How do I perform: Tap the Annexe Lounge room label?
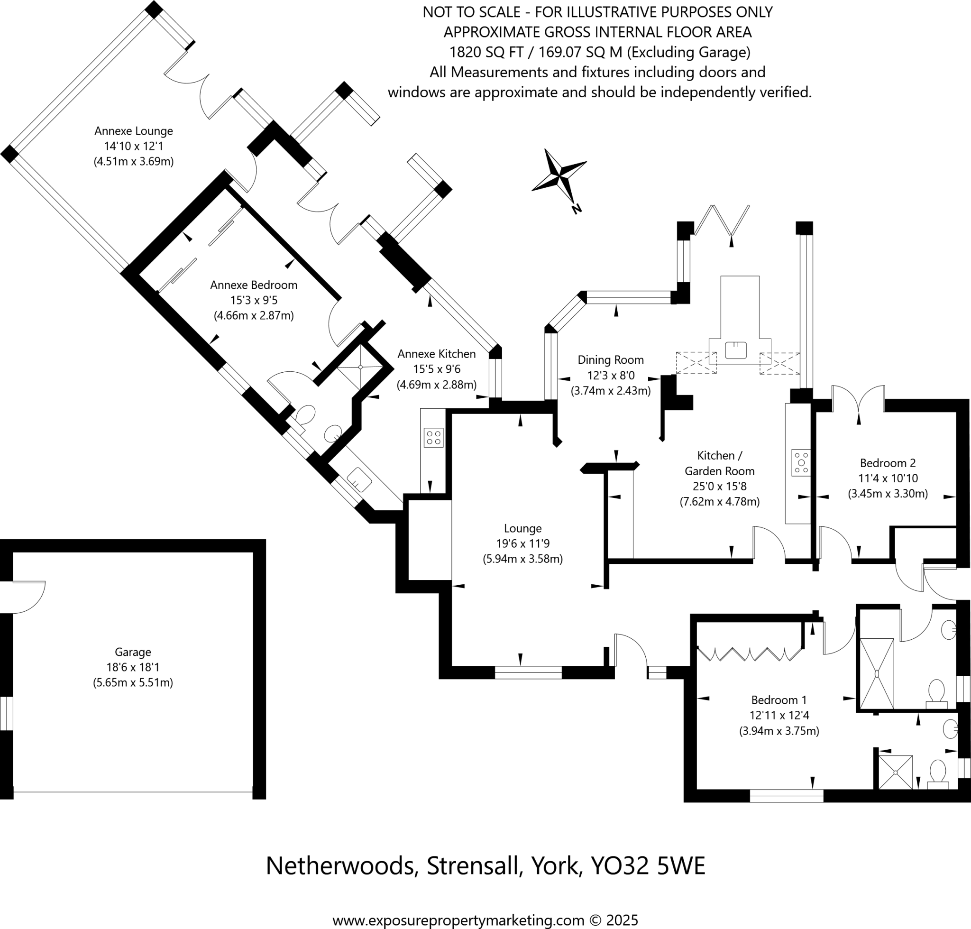pos(134,131)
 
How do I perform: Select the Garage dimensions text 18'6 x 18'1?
pos(133,667)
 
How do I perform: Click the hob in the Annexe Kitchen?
pos(433,438)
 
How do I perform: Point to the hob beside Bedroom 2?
pos(801,462)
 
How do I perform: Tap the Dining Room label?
pos(611,360)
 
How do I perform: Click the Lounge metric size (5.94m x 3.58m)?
pos(523,559)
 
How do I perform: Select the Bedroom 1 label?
pos(779,700)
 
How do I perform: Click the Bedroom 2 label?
pos(888,463)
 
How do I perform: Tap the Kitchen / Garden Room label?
pos(719,463)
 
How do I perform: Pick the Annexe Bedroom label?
pos(254,285)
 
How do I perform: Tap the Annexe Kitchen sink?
pos(359,479)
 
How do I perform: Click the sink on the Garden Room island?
pos(735,350)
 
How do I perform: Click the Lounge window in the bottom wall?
pos(528,672)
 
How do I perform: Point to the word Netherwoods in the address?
pos(340,865)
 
